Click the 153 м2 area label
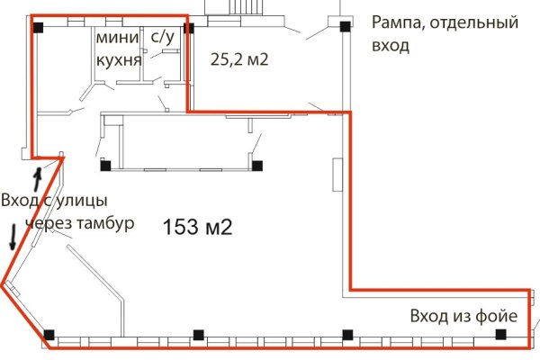pyautogui.click(x=198, y=228)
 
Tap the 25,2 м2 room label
pyautogui.click(x=240, y=60)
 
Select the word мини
pyautogui.click(x=118, y=38)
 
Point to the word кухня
pyautogui.click(x=119, y=60)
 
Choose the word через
pyautogui.click(x=47, y=222)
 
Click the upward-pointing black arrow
pyautogui.click(x=37, y=174)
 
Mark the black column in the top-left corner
pyautogui.click(x=38, y=27)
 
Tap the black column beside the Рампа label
pyautogui.click(x=346, y=27)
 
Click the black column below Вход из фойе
pyautogui.click(x=500, y=335)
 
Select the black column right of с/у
pyautogui.click(x=188, y=28)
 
